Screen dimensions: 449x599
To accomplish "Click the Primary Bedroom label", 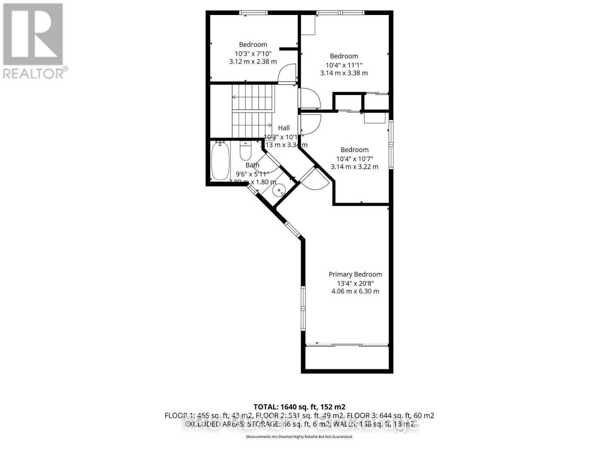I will (x=355, y=274).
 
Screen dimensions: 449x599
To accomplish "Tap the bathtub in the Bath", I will (x=220, y=161).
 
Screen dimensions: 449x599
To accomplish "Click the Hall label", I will (x=284, y=128).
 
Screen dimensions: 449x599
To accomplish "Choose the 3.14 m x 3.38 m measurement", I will (x=344, y=73).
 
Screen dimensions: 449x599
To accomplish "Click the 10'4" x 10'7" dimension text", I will (x=354, y=159).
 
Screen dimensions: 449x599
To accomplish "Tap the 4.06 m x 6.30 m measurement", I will (x=355, y=291).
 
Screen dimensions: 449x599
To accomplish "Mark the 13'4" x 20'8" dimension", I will (x=355, y=283).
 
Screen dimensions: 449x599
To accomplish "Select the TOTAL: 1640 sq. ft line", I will (x=299, y=407).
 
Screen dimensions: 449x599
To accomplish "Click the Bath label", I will (x=252, y=165).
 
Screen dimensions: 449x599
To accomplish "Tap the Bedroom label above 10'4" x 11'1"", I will (x=344, y=56).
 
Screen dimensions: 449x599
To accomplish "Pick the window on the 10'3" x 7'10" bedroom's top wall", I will (x=254, y=13).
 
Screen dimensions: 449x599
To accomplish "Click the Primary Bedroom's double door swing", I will (x=315, y=179).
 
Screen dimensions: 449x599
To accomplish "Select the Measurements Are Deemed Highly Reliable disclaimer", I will (x=299, y=437).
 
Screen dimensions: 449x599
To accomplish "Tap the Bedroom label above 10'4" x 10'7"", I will (x=354, y=150).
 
